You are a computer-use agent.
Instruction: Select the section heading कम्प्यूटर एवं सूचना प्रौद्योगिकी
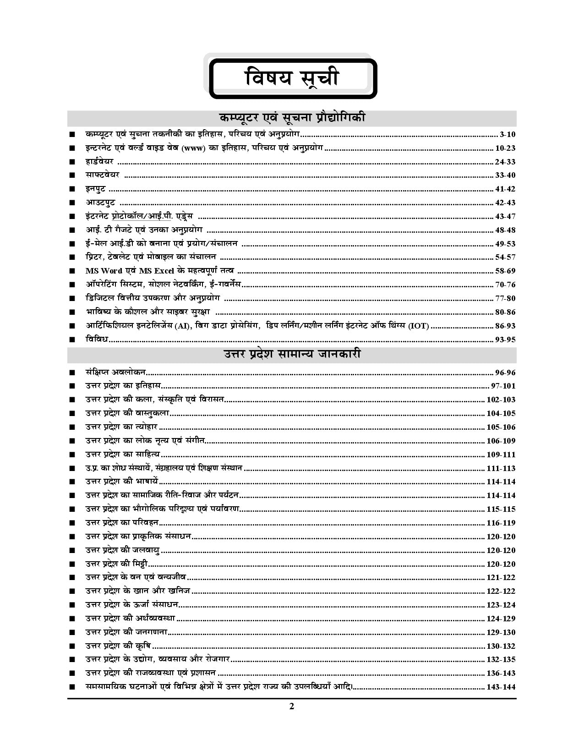pyautogui.click(x=292, y=118)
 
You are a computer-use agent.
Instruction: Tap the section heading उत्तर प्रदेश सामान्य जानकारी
pyautogui.click(x=292, y=354)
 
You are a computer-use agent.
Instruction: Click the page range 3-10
pyautogui.click(x=508, y=135)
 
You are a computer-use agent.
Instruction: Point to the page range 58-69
pyautogui.click(x=505, y=271)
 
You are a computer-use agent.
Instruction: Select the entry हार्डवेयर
pyautogui.click(x=99, y=162)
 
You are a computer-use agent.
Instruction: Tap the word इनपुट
pyautogui.click(x=95, y=189)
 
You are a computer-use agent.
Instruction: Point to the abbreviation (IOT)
pyautogui.click(x=419, y=326)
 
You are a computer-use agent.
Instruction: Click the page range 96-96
pyautogui.click(x=505, y=373)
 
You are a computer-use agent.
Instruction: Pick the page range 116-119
pyautogui.click(x=501, y=523)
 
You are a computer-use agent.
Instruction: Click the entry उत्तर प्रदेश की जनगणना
pyautogui.click(x=126, y=632)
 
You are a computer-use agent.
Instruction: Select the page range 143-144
pyautogui.click(x=501, y=687)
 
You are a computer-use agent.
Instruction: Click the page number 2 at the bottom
pyautogui.click(x=292, y=706)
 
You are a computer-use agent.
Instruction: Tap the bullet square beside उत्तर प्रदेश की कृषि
pyautogui.click(x=71, y=646)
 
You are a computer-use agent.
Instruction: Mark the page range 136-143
pyautogui.click(x=501, y=674)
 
